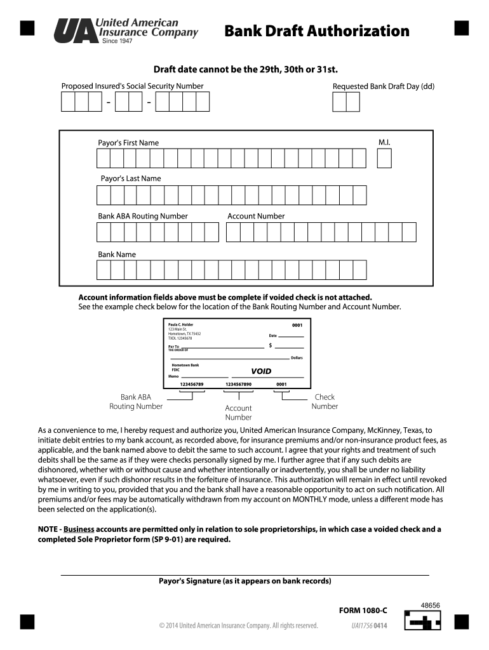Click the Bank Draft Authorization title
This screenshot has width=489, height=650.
coord(317,31)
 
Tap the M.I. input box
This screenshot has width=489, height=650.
coord(384,158)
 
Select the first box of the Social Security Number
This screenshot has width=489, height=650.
coord(68,102)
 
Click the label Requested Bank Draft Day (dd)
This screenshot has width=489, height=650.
coord(383,86)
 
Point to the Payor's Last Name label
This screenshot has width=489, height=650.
coord(131,178)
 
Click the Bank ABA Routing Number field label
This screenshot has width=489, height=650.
coord(142,216)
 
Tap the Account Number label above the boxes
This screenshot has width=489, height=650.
coord(256,216)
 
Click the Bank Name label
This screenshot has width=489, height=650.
coord(116,254)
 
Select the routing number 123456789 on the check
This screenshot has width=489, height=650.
coord(192,384)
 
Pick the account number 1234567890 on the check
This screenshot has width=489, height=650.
coord(239,384)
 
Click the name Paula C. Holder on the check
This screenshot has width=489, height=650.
coord(180,324)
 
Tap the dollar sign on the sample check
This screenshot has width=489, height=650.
coord(271,345)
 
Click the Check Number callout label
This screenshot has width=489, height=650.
coord(325,402)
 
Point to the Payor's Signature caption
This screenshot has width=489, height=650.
coord(245,581)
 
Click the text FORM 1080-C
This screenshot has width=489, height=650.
coord(363,611)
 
